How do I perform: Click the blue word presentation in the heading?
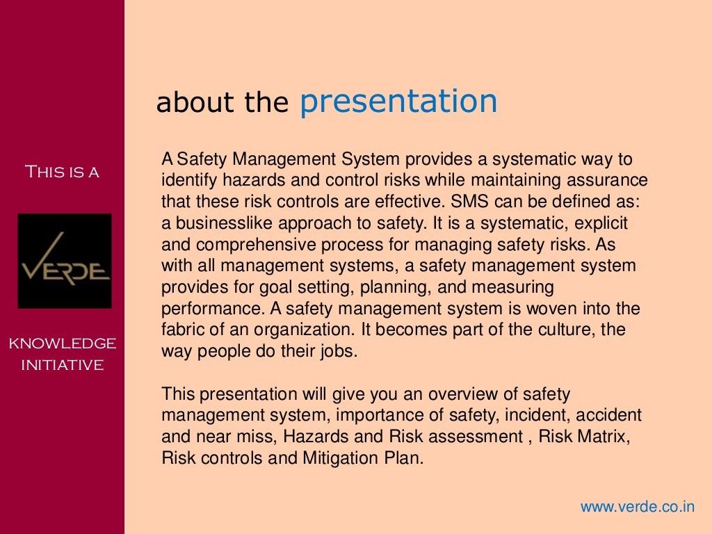click(398, 102)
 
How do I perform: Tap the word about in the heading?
click(183, 103)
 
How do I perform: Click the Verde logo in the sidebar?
click(64, 261)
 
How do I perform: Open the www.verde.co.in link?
click(637, 506)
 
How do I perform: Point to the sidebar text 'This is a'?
click(62, 172)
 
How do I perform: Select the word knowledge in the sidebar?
click(62, 343)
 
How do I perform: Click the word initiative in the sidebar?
click(62, 364)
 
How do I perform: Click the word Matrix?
click(604, 437)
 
